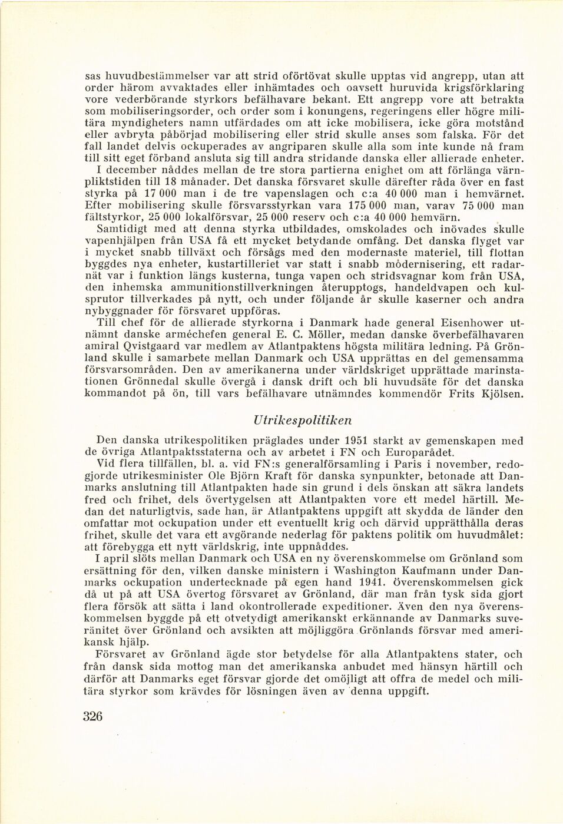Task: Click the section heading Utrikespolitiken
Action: (x=302, y=421)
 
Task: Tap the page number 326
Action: (x=93, y=716)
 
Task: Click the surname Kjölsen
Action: (x=500, y=393)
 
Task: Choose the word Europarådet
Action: (x=419, y=452)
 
